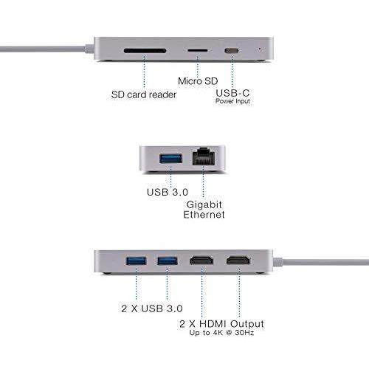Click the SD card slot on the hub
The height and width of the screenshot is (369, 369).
[145, 51]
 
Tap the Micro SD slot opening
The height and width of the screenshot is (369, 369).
[198, 51]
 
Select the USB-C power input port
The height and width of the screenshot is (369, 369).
[232, 51]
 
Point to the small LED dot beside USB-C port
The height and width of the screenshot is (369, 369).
[260, 49]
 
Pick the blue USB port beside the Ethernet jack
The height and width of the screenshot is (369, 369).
[171, 159]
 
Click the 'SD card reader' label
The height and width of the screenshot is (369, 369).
[144, 94]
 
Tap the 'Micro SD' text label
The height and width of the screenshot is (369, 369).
[198, 81]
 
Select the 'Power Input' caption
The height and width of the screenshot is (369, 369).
[232, 101]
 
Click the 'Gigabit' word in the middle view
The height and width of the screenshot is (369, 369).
[204, 204]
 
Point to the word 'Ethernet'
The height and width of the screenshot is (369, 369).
[204, 215]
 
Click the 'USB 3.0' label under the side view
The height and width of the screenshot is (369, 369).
[168, 192]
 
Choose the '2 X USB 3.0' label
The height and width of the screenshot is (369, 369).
[152, 308]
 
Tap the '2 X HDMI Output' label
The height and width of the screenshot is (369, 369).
[222, 324]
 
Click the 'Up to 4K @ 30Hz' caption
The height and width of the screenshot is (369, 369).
[222, 333]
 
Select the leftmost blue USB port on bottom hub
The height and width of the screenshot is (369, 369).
[136, 261]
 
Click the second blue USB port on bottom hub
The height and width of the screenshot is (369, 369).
[168, 261]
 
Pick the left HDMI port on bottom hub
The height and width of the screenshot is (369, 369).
[201, 261]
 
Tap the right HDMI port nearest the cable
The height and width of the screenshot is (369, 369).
[238, 261]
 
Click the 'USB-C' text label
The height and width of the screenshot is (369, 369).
[232, 93]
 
